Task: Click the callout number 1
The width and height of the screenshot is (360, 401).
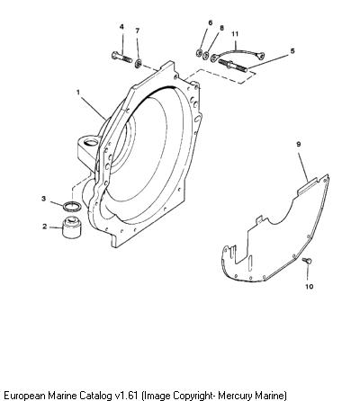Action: point(78,93)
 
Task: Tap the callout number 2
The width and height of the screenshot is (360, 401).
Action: point(45,227)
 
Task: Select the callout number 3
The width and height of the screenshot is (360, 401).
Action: point(44,199)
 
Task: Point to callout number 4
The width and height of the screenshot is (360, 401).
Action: point(121,27)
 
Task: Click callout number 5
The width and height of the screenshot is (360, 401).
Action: point(292,51)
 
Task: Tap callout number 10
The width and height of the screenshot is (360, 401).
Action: point(310,287)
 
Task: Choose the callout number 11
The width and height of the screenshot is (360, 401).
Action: point(235,34)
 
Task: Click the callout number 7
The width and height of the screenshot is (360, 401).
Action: point(138,31)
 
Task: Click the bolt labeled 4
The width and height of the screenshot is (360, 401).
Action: point(121,57)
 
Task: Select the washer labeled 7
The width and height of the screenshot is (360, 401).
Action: point(139,63)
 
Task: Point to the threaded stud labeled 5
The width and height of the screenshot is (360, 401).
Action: point(232,66)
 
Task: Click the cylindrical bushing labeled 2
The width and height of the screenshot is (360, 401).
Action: point(72,227)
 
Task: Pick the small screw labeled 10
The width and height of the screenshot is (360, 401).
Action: point(307,261)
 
